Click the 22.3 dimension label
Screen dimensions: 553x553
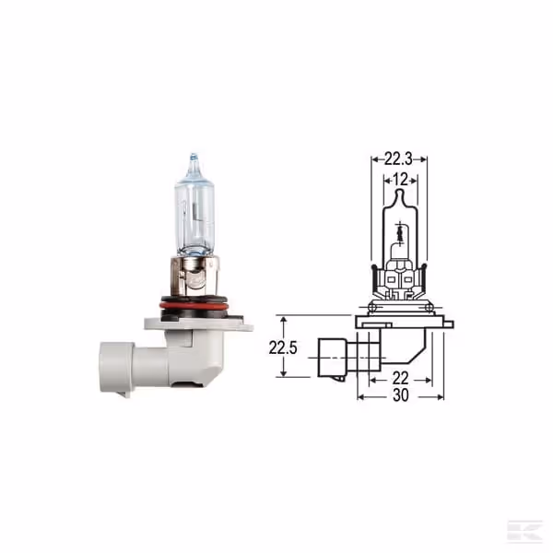click(398, 159)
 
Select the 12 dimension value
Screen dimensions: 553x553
click(400, 180)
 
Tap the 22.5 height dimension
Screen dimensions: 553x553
click(283, 347)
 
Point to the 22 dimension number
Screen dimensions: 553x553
click(400, 379)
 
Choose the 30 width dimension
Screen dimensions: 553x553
click(401, 395)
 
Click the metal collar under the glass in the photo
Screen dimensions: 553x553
click(194, 277)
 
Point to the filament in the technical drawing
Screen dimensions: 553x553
click(400, 233)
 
